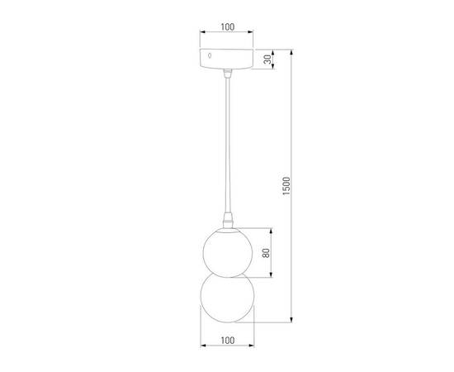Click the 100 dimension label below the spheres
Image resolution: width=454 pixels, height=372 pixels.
[227, 340]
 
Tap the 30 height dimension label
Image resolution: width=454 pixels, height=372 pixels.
[267, 60]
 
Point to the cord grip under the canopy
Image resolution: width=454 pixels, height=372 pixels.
[227, 74]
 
